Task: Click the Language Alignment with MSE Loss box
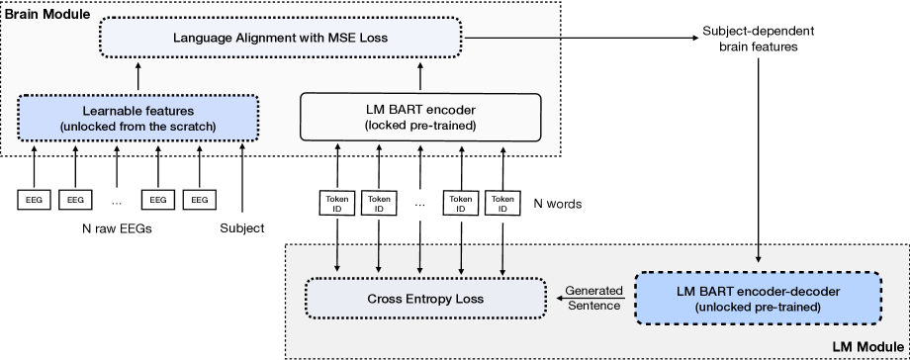(x=282, y=40)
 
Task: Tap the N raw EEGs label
(x=117, y=229)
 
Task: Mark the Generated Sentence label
(x=593, y=297)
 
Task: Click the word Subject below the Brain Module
(x=242, y=229)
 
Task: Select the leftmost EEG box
(x=33, y=199)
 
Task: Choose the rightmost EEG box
(x=201, y=199)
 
